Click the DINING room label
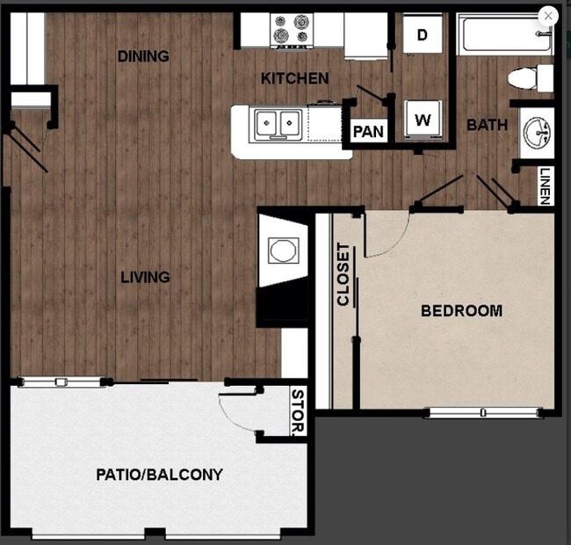pyautogui.click(x=143, y=56)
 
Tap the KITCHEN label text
pyautogui.click(x=295, y=79)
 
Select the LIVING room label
pyautogui.click(x=145, y=277)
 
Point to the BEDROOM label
pyautogui.click(x=461, y=310)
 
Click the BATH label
pyautogui.click(x=487, y=125)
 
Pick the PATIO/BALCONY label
pyautogui.click(x=159, y=475)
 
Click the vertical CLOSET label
pyautogui.click(x=343, y=274)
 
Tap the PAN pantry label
pyautogui.click(x=368, y=132)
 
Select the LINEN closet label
pyautogui.click(x=546, y=185)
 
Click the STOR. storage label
pyautogui.click(x=298, y=412)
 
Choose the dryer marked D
pyautogui.click(x=423, y=35)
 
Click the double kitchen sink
pyautogui.click(x=278, y=124)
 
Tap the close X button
pyautogui.click(x=548, y=16)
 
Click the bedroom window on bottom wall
pyautogui.click(x=481, y=412)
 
